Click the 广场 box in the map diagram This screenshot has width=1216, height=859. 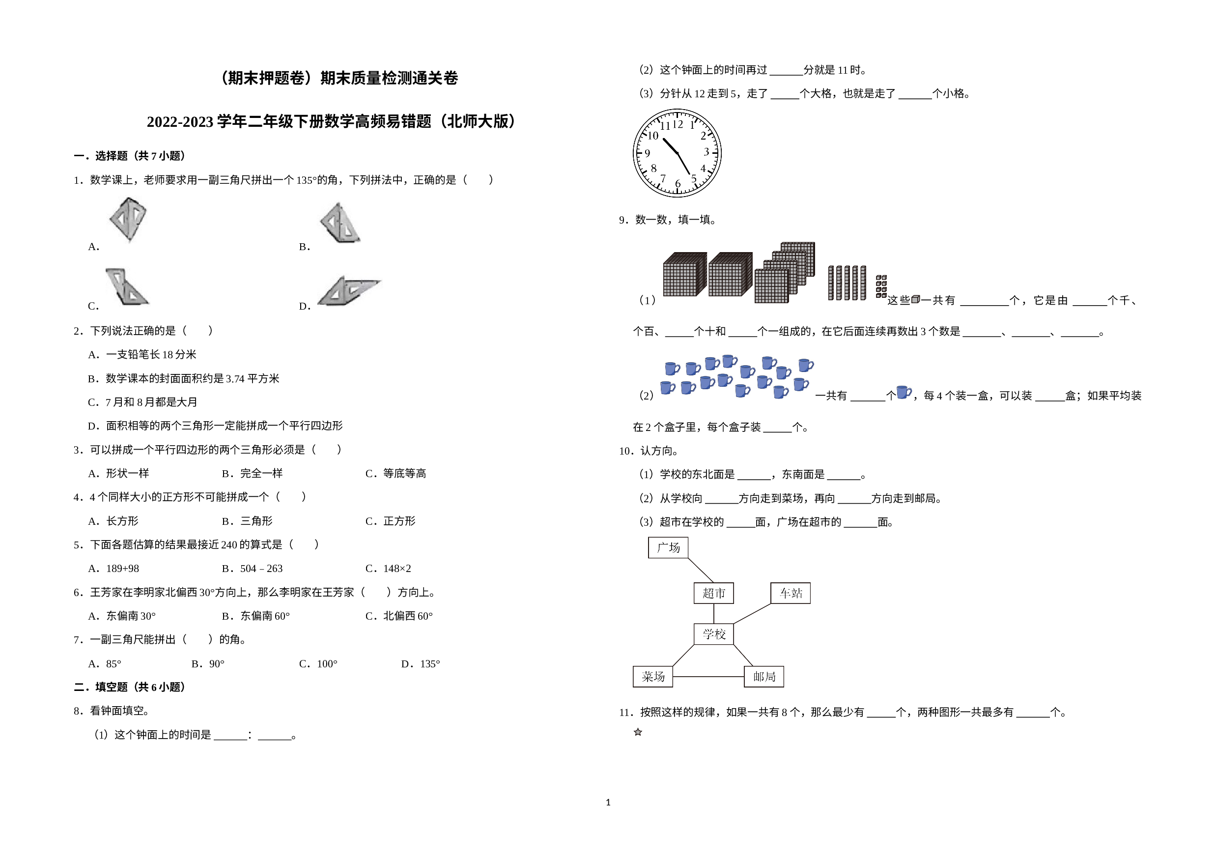coord(668,547)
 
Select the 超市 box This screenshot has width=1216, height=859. coord(713,593)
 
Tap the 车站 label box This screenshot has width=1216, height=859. coord(790,593)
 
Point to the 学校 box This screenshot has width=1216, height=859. coord(713,634)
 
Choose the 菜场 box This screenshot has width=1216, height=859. coord(653,676)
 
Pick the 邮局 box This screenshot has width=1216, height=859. coord(764,676)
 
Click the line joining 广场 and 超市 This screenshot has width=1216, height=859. coord(700,570)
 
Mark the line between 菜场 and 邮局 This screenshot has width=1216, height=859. coord(708,676)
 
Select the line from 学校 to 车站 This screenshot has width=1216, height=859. coord(752,614)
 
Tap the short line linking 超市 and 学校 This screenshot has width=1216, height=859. coord(713,614)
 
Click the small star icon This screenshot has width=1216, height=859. coord(638,732)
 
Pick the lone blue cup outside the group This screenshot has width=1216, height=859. coord(904,392)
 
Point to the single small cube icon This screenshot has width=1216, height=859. coord(916,299)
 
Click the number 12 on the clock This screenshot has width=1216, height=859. coord(678,124)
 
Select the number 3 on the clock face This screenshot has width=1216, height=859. coord(706,152)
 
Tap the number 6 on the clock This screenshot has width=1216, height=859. coord(678,183)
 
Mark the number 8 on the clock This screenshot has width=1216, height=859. coord(653,169)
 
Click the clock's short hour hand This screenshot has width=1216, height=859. coord(670,145)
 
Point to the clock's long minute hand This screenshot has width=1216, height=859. coord(684,164)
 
